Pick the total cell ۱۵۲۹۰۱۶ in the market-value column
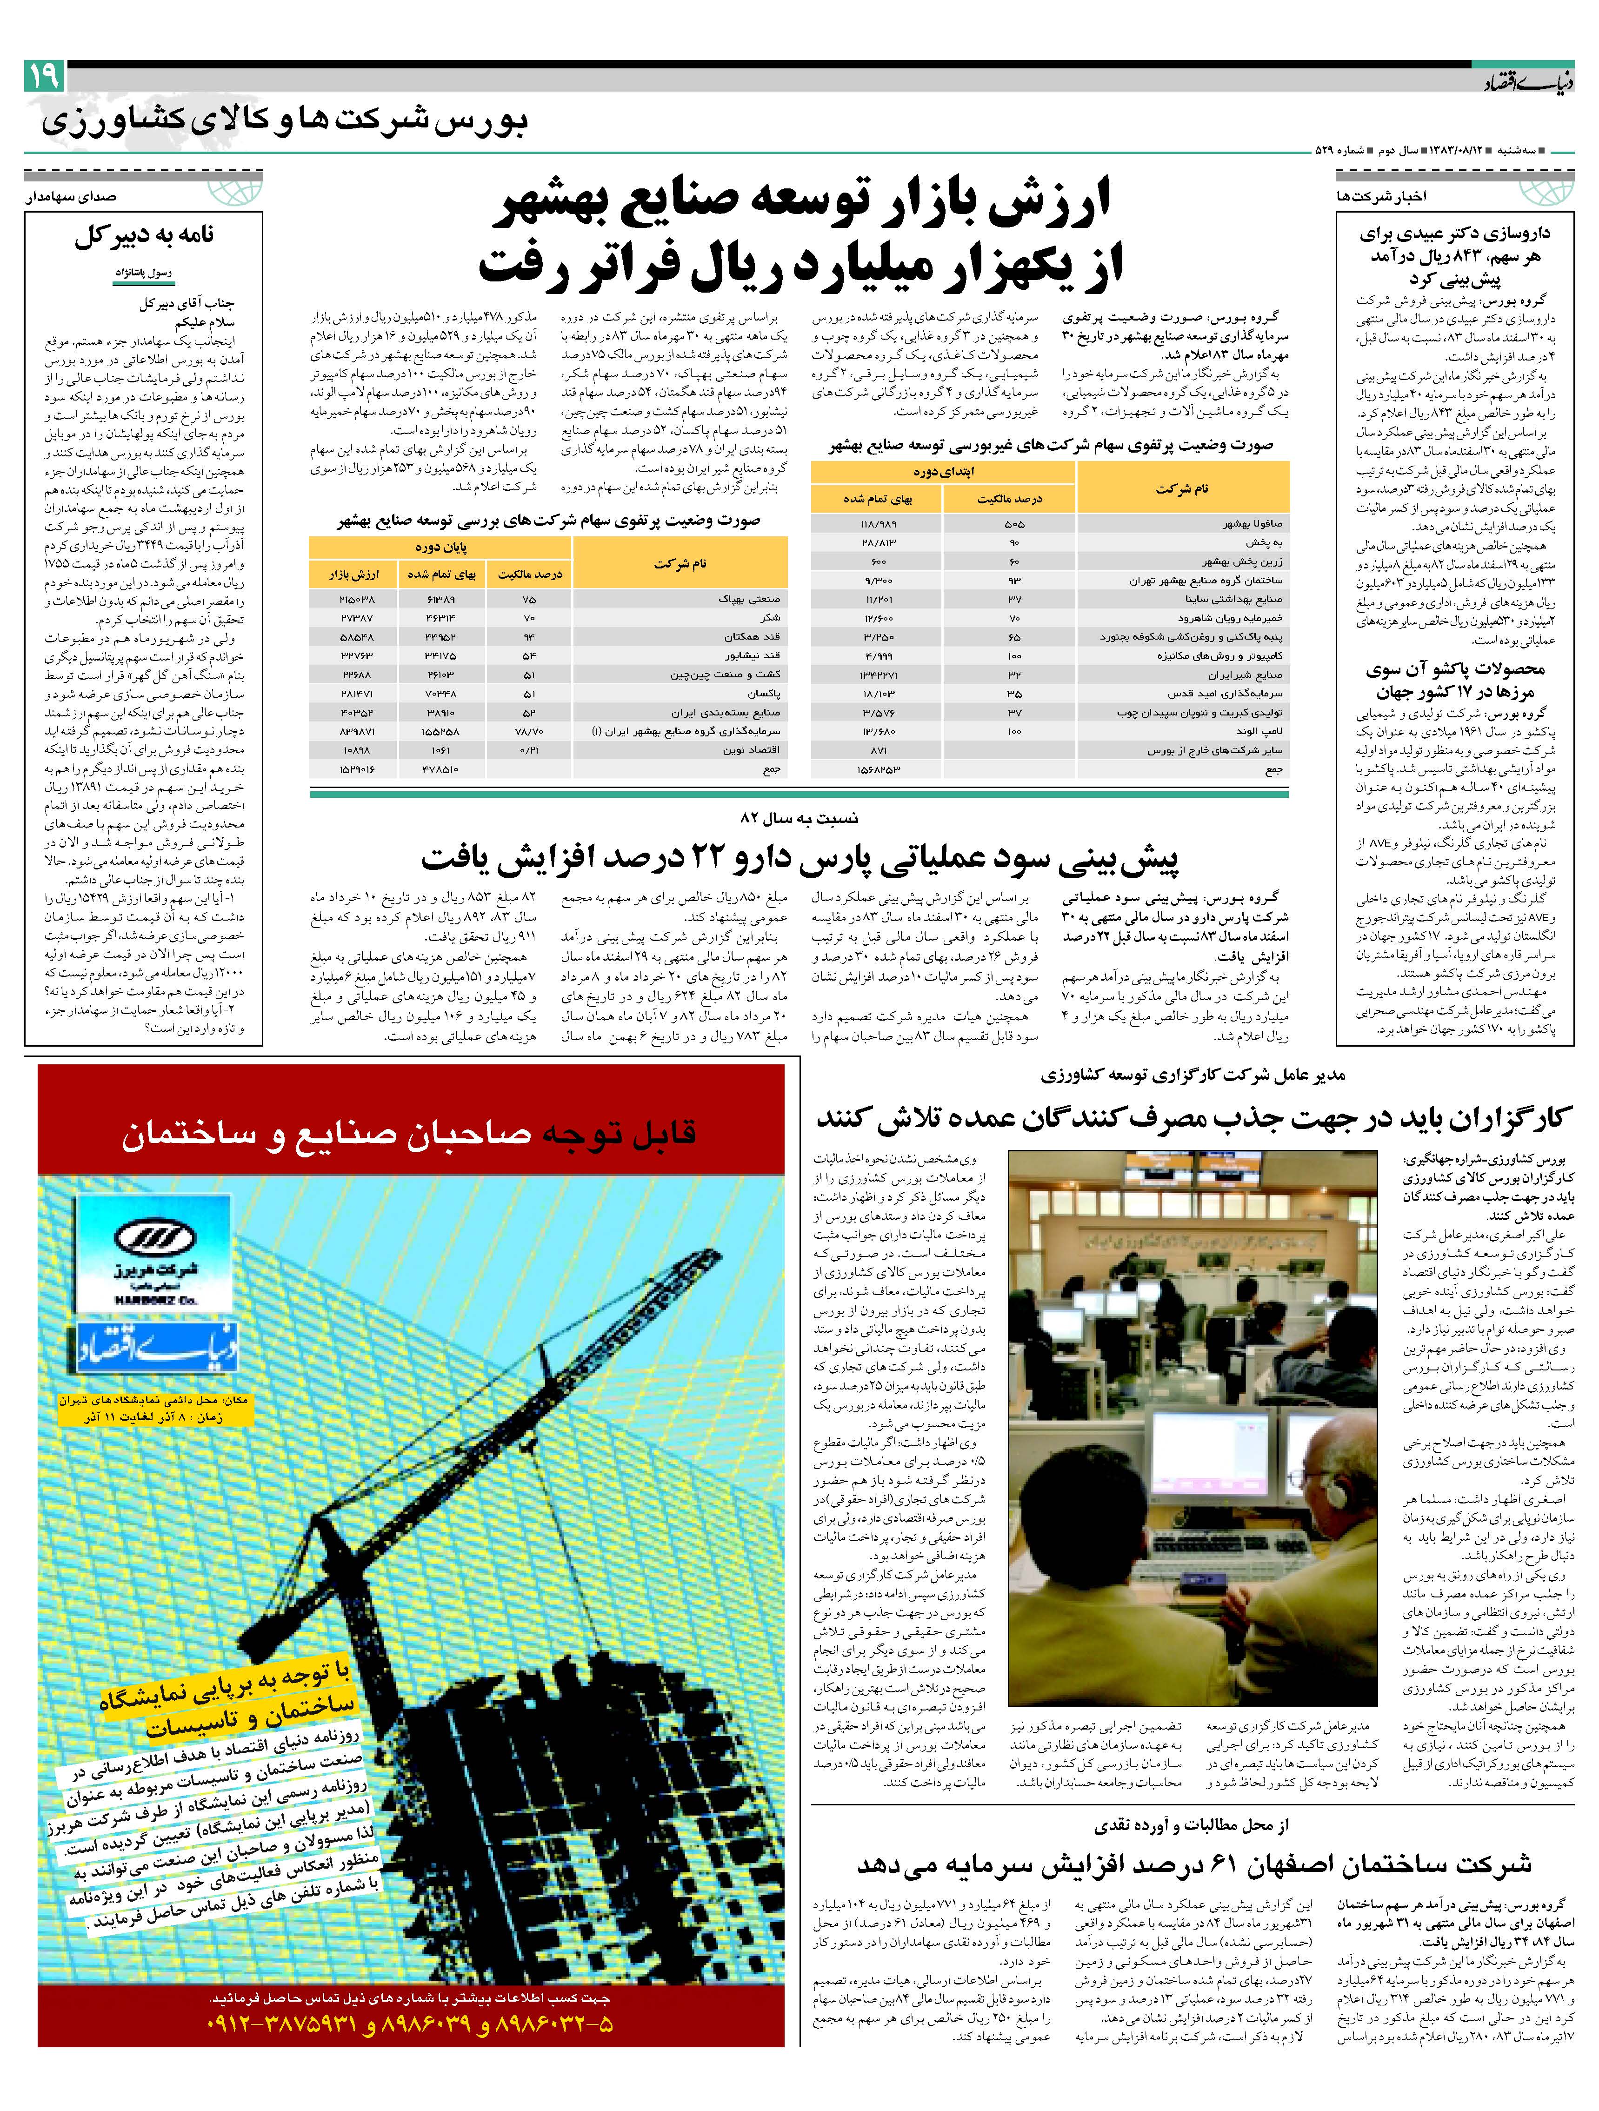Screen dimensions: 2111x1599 click(x=358, y=768)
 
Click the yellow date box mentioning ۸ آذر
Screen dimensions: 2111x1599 click(x=153, y=1410)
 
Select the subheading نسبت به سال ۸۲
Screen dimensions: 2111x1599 click(x=799, y=818)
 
